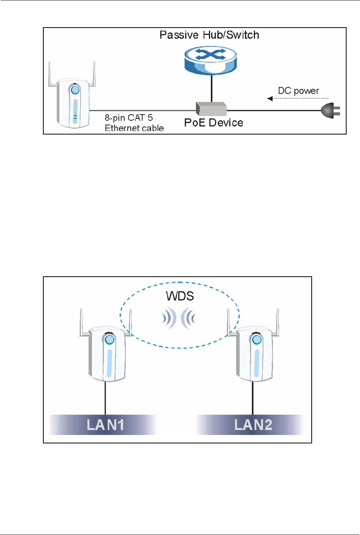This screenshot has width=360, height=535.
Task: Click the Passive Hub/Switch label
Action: pos(209,35)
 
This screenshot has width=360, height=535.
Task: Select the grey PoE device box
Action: pos(211,109)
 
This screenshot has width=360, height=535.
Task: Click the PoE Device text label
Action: pos(214,123)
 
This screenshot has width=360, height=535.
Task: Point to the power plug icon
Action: pos(330,111)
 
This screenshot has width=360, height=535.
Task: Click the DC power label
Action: pos(298,91)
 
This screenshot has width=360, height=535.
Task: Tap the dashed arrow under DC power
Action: pos(298,98)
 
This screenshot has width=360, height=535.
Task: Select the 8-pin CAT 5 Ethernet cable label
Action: pos(134,123)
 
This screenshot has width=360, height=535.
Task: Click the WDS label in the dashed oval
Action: pos(180,296)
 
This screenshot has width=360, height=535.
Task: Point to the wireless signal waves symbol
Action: pos(179,318)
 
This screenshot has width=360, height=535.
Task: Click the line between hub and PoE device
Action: pos(211,88)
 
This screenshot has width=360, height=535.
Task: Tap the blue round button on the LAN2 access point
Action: pos(256,339)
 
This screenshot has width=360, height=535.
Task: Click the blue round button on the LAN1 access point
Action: pos(110,339)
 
